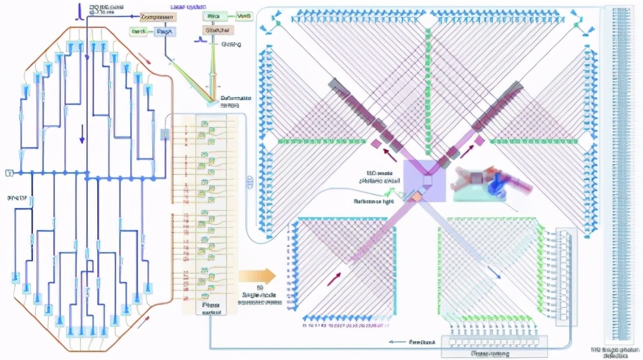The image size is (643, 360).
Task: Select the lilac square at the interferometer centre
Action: [425, 179]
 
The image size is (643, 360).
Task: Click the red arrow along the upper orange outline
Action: [146, 59]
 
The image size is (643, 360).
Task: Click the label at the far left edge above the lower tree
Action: [16, 196]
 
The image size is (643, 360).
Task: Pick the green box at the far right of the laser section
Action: [244, 16]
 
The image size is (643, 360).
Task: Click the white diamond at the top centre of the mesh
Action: [427, 21]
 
